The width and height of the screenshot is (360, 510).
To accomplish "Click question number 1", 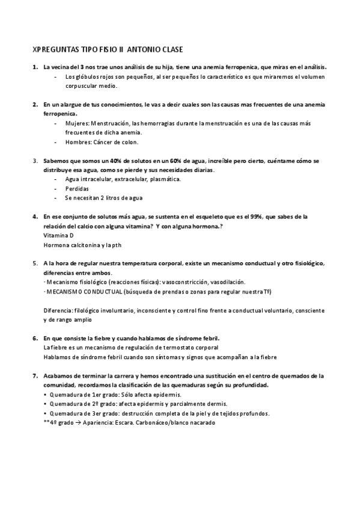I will [x=35, y=67].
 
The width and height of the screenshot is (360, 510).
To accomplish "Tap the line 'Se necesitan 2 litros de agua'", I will [x=103, y=198].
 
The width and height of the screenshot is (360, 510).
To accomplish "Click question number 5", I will [x=35, y=264].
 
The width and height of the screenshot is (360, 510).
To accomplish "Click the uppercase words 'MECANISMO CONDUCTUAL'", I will [x=85, y=291].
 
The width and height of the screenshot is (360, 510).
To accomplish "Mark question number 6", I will [x=35, y=339].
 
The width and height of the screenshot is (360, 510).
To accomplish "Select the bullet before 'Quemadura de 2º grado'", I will [x=46, y=404].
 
